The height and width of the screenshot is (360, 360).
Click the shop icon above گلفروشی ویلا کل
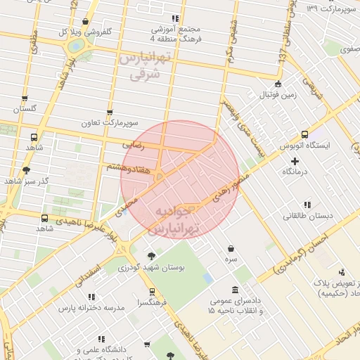86,22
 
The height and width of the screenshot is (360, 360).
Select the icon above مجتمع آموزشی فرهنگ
175,18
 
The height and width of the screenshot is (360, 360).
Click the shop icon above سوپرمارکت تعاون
109,112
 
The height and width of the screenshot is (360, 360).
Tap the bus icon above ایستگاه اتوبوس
304,134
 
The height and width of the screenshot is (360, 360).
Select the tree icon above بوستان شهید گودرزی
151,255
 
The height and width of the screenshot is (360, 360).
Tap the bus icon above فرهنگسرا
152,291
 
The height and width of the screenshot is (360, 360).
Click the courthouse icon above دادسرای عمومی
234,290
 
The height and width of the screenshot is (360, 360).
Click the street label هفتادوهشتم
127,167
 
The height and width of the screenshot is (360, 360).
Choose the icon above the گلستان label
25,98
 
